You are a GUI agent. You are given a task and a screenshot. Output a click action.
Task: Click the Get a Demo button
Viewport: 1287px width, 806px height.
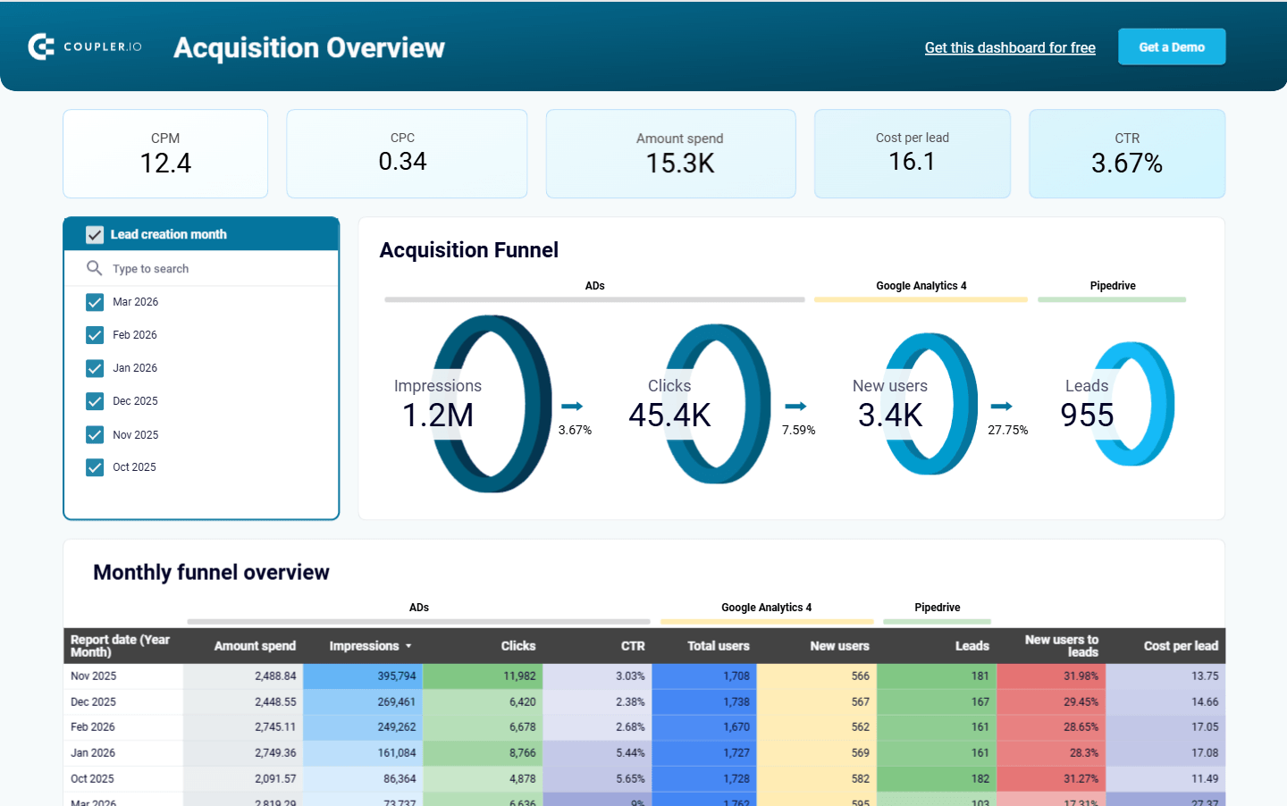pyautogui.click(x=1171, y=47)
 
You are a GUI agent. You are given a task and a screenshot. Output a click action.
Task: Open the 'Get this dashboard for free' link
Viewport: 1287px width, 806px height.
pyautogui.click(x=1009, y=48)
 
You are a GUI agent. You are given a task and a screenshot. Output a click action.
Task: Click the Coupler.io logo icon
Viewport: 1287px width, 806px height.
pyautogui.click(x=41, y=46)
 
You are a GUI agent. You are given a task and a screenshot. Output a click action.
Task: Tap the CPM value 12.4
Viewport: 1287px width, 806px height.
pyautogui.click(x=165, y=164)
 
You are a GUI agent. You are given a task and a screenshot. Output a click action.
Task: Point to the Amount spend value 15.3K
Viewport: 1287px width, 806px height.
pyautogui.click(x=679, y=164)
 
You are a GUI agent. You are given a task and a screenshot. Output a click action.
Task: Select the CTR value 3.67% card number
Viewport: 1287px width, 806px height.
pyautogui.click(x=1126, y=164)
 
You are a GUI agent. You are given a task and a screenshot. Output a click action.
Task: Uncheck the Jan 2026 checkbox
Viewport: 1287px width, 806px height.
pyautogui.click(x=95, y=368)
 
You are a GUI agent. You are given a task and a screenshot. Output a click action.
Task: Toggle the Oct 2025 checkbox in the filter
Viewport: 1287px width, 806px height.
pyautogui.click(x=95, y=467)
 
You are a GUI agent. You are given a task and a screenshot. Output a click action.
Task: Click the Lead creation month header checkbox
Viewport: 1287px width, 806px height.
pyautogui.click(x=95, y=235)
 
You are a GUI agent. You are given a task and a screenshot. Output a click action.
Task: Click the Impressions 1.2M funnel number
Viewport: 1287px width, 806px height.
pyautogui.click(x=438, y=416)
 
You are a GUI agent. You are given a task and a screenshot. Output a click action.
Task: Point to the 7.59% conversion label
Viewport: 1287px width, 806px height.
pyautogui.click(x=798, y=430)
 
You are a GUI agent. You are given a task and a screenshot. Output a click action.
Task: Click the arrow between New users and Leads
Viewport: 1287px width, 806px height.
pyautogui.click(x=1001, y=407)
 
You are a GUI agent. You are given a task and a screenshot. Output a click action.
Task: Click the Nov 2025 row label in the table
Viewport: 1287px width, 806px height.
pyautogui.click(x=94, y=676)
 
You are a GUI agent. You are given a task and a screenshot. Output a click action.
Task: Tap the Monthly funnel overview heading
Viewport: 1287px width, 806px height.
pyautogui.click(x=211, y=573)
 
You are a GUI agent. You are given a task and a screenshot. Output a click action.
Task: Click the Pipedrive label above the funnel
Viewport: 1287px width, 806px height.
pyautogui.click(x=1112, y=286)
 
